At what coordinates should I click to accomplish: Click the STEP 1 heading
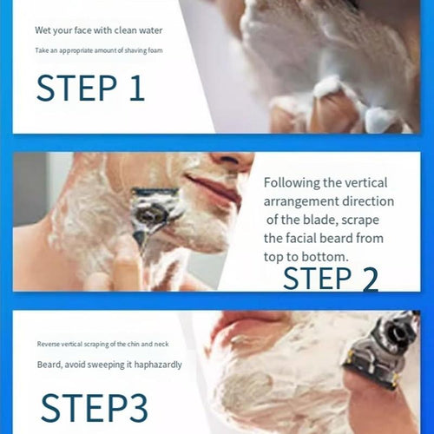pos(90,88)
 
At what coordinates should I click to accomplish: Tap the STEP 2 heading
pos(331,279)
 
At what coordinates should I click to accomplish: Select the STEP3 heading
pos(95,408)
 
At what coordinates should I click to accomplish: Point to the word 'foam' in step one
pos(155,50)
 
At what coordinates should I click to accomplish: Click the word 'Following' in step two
pos(292,183)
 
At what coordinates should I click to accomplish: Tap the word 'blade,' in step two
pos(320,220)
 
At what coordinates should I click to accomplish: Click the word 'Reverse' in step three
pos(49,344)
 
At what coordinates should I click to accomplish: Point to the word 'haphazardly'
pos(158,365)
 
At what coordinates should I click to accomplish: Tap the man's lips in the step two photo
pos(214,188)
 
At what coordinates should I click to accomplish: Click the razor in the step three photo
pos(379,350)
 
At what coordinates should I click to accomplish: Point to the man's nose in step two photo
pos(232,159)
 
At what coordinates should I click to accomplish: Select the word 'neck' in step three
pos(161,344)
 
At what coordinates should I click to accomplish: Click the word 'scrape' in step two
pos(360,220)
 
